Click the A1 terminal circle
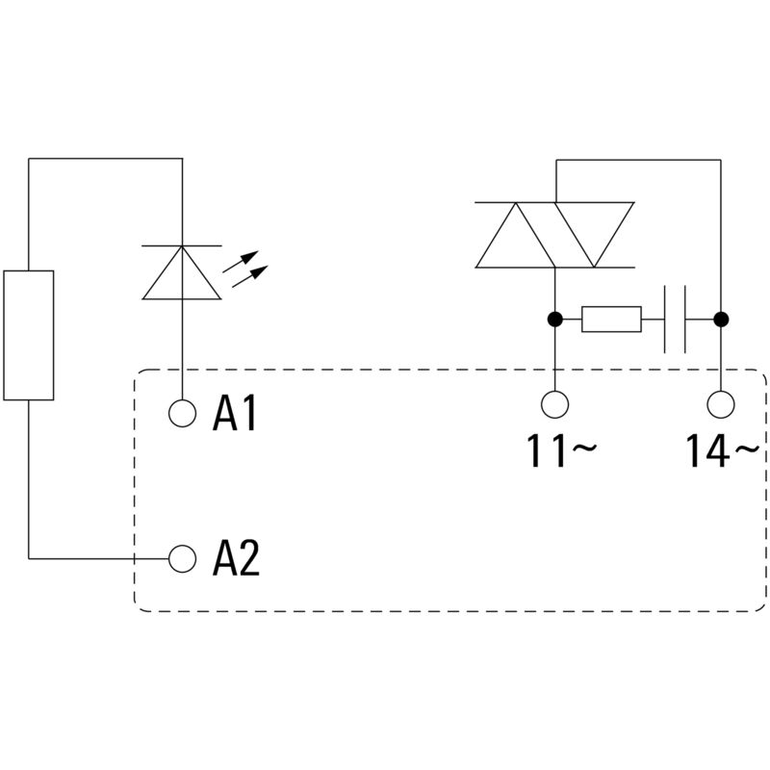point(182,413)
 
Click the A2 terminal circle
point(182,556)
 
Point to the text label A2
point(236,557)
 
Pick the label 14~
point(723,450)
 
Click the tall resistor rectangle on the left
point(29,334)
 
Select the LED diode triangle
point(182,274)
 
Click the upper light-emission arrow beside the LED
point(246,261)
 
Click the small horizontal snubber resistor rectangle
point(611,319)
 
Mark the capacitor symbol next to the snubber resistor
point(675,319)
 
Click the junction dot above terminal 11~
point(555,319)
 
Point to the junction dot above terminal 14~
point(720,319)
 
